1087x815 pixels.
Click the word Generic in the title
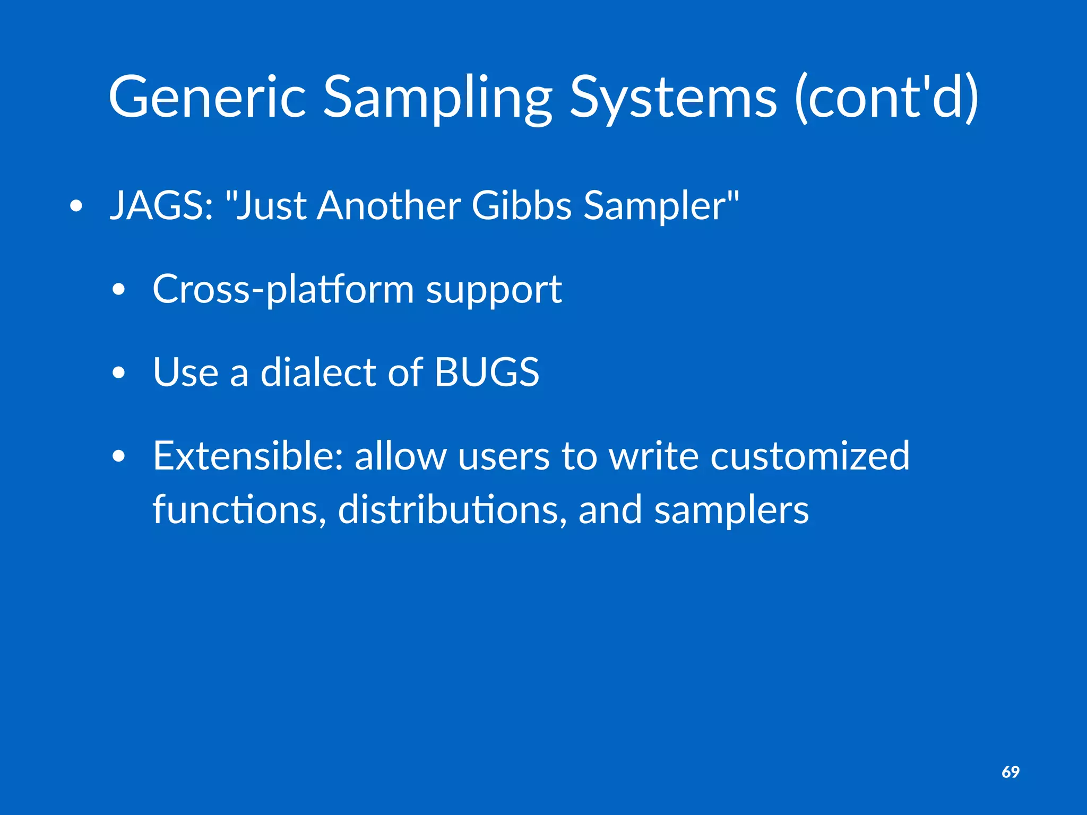207,97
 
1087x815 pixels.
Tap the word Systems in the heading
673,97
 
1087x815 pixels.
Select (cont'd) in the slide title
886,97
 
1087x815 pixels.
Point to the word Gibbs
521,206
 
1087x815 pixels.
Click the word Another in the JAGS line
389,206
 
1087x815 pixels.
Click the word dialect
317,372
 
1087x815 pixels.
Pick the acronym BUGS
486,372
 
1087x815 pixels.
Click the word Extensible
247,455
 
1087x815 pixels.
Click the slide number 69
1010,772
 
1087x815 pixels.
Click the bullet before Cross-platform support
119,290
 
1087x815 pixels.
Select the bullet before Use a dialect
119,372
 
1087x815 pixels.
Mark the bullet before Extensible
119,456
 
